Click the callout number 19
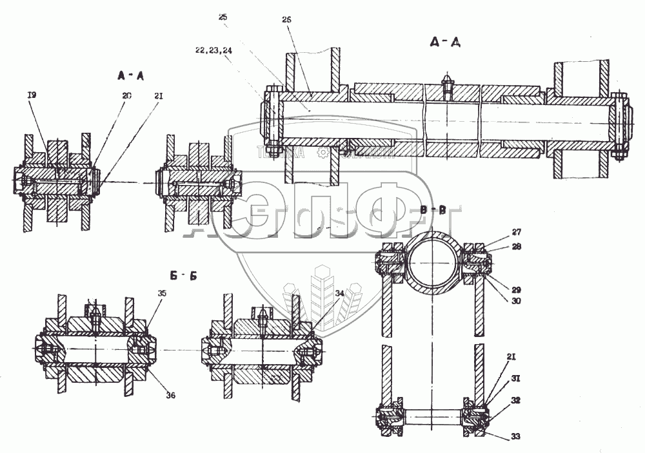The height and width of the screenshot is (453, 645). click(32, 95)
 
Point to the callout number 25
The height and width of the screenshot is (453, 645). click(223, 17)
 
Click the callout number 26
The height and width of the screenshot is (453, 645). click(287, 20)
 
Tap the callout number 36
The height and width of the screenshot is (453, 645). click(169, 395)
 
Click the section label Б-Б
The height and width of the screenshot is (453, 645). click(183, 276)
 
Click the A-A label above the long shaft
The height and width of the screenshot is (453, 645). click(444, 43)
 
